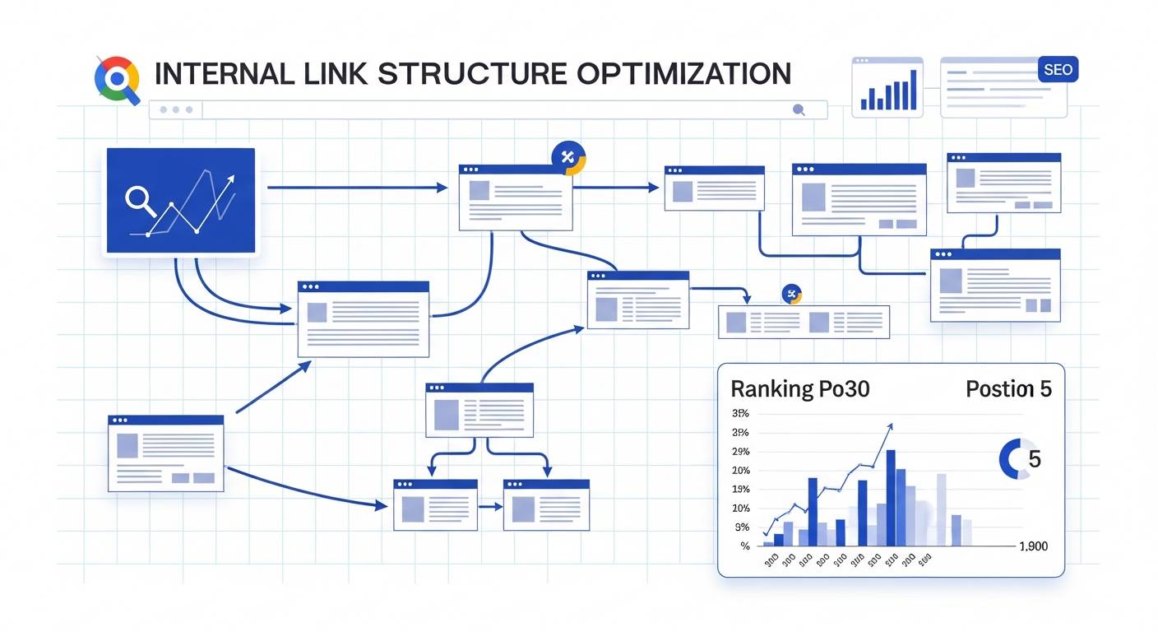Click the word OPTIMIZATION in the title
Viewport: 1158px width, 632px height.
tap(683, 73)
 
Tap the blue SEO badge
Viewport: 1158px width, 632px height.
tap(1058, 70)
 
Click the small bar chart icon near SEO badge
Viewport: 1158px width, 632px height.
tap(888, 88)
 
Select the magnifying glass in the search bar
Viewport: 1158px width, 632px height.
tap(796, 109)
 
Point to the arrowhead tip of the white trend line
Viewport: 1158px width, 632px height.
tap(230, 178)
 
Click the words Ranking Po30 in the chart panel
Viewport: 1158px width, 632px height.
tap(799, 388)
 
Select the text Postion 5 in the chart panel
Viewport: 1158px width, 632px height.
tap(1008, 388)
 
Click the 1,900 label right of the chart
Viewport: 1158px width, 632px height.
tap(1032, 546)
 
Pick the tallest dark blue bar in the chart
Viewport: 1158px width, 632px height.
tap(891, 497)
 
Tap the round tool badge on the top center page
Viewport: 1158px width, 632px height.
tap(567, 157)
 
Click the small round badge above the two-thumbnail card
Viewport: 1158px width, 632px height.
tap(792, 294)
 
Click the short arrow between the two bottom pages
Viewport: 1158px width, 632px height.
tap(490, 507)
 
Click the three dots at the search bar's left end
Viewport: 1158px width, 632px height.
tap(176, 109)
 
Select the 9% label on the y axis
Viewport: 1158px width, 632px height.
tap(742, 527)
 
